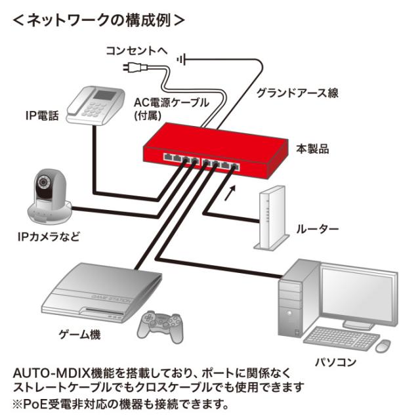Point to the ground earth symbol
point(181,60)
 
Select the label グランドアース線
point(297,93)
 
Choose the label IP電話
point(42,117)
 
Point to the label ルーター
point(318,229)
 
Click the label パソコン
point(336,362)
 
